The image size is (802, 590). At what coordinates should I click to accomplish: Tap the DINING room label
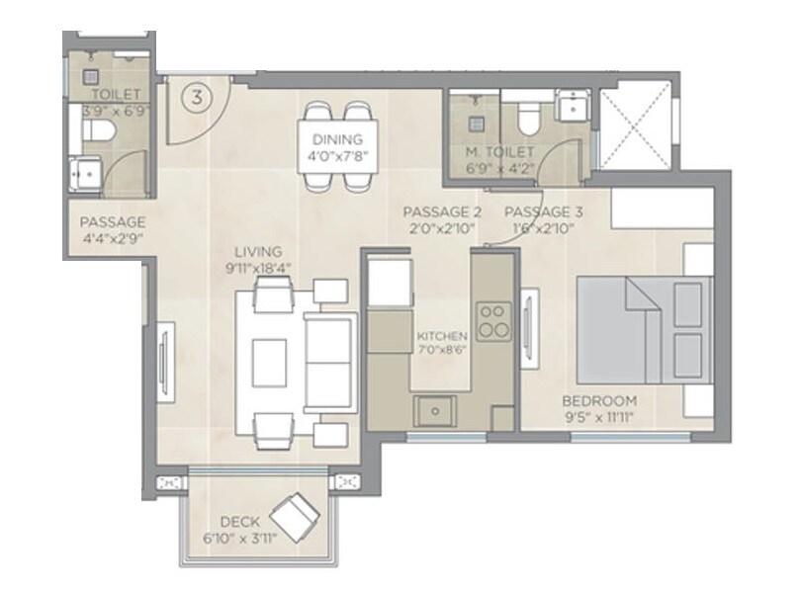tap(337, 139)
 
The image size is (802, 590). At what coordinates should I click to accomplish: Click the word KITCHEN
tap(442, 337)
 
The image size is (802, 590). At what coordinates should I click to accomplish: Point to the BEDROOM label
tap(599, 400)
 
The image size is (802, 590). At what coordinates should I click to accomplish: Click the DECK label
tap(239, 521)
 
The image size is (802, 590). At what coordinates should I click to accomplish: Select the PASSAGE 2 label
tap(442, 212)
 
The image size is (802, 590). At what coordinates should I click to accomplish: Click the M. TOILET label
tap(500, 152)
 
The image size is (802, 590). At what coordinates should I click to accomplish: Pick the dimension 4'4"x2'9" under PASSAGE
tap(113, 238)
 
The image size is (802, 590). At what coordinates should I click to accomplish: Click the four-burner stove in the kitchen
tap(492, 320)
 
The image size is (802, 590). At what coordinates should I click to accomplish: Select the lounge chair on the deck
tap(295, 514)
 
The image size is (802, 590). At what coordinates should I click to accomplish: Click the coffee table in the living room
tap(269, 363)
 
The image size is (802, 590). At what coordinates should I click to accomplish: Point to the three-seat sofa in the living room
tap(329, 353)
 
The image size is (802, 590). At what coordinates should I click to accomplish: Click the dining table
tap(337, 145)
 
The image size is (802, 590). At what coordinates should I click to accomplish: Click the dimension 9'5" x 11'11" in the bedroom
tap(599, 418)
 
